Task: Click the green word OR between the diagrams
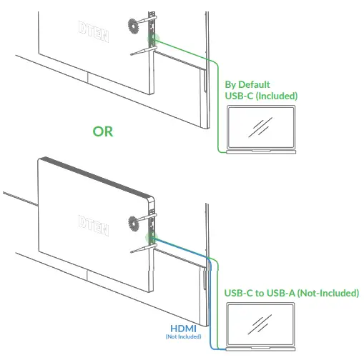click(103, 131)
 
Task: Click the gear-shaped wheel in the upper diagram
click(134, 29)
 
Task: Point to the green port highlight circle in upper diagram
click(152, 39)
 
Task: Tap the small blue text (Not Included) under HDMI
click(183, 336)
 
